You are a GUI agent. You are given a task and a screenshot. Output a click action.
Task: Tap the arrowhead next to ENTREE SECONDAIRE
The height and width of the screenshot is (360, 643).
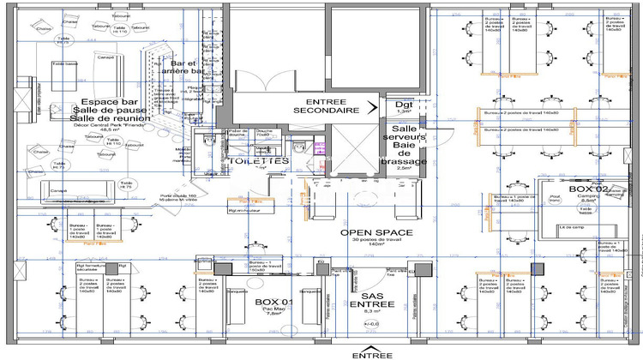click(x=372, y=107)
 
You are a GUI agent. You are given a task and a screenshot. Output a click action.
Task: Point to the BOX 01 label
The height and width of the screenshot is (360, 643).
click(x=275, y=303)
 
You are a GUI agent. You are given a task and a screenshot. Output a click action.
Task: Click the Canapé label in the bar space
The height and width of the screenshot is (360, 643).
click(x=105, y=58)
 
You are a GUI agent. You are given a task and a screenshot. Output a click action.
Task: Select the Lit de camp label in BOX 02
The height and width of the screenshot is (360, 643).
click(x=569, y=227)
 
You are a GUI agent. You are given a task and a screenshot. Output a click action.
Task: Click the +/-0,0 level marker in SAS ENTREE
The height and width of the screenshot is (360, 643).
click(x=371, y=324)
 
